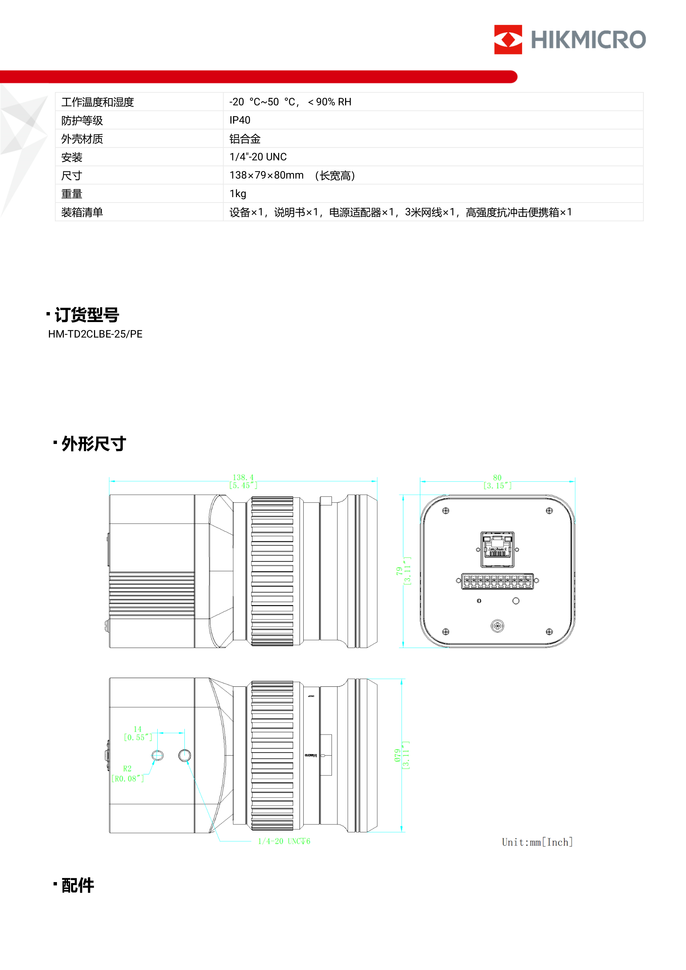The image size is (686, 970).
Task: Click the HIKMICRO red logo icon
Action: point(508,39)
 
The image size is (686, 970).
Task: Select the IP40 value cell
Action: point(240,121)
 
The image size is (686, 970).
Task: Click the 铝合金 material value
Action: point(245,139)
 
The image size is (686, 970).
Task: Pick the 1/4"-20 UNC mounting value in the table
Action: point(258,157)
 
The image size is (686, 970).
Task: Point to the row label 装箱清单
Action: point(82,213)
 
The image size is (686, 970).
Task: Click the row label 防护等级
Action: point(82,121)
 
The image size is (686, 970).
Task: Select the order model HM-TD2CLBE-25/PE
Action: point(95,334)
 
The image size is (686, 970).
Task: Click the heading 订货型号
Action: point(87,315)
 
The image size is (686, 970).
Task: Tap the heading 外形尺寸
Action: point(93,444)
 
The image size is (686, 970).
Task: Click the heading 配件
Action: point(78,885)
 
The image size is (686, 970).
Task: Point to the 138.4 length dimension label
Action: point(243,477)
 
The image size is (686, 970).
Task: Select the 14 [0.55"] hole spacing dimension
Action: point(138,733)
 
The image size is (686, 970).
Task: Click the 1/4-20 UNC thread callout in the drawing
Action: point(284,841)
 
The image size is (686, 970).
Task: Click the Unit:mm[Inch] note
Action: point(537,842)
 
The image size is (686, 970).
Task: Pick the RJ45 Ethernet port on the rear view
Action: point(497,549)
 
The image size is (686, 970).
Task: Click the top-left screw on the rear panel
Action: point(445,511)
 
